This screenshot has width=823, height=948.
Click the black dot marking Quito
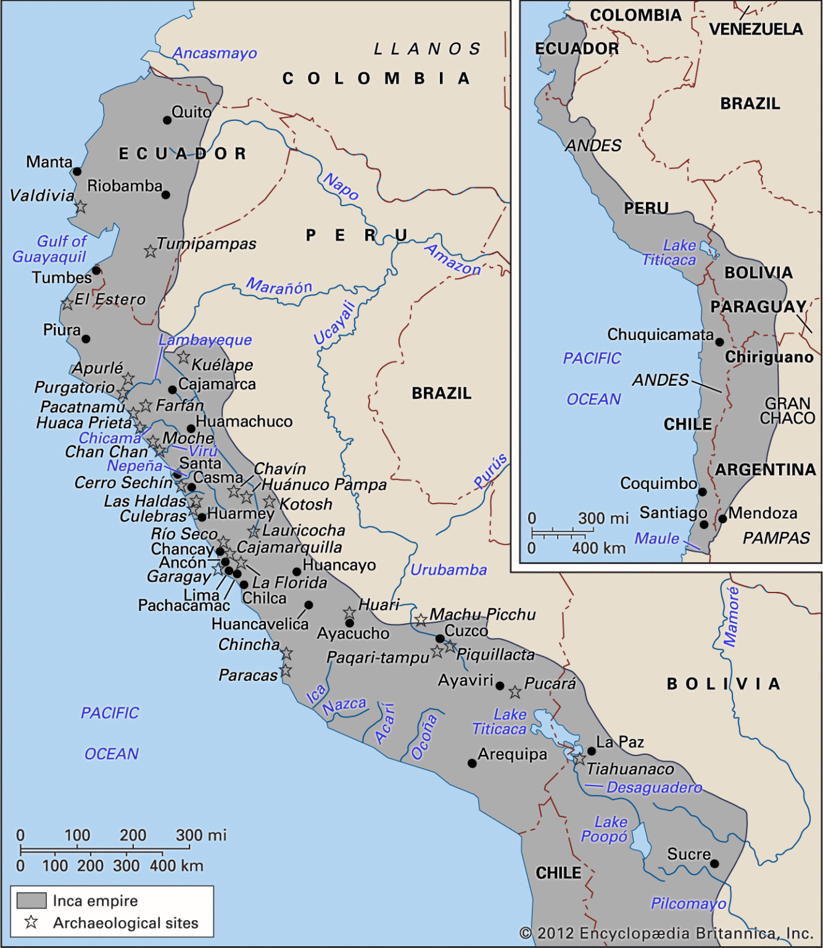[x=167, y=120]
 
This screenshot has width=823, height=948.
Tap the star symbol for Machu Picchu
[x=420, y=620]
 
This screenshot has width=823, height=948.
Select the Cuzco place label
[x=466, y=631]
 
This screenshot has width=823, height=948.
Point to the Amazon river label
[x=453, y=260]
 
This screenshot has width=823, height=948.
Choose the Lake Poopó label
[x=605, y=829]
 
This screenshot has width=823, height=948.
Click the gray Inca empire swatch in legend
[x=31, y=900]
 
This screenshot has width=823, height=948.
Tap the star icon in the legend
[x=31, y=922]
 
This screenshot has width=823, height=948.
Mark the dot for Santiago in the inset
[x=704, y=525]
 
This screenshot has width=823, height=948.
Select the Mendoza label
[x=763, y=513]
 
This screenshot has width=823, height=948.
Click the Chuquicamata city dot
[x=719, y=341]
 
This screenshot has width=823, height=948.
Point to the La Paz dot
[x=592, y=751]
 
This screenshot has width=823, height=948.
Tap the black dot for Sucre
[x=714, y=863]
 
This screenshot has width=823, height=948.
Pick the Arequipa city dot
[x=472, y=763]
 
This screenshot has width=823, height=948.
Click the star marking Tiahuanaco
[x=579, y=759]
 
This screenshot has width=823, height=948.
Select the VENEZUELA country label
[x=756, y=29]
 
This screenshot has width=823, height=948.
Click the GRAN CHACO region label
[x=787, y=411]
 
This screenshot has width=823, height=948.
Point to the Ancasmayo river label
[x=215, y=53]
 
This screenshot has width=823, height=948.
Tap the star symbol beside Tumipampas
[x=150, y=251]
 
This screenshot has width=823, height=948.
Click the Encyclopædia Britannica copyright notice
[x=666, y=933]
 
